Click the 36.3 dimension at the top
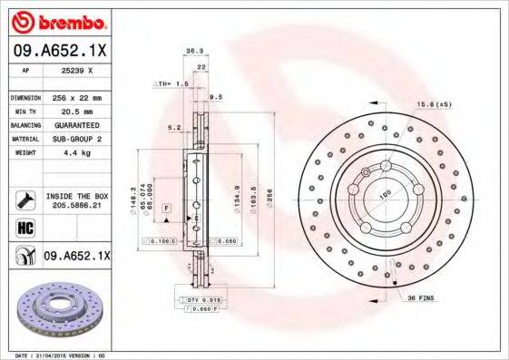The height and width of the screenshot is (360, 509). pos(192,52)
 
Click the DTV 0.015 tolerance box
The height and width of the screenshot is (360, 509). pos(201,298)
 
